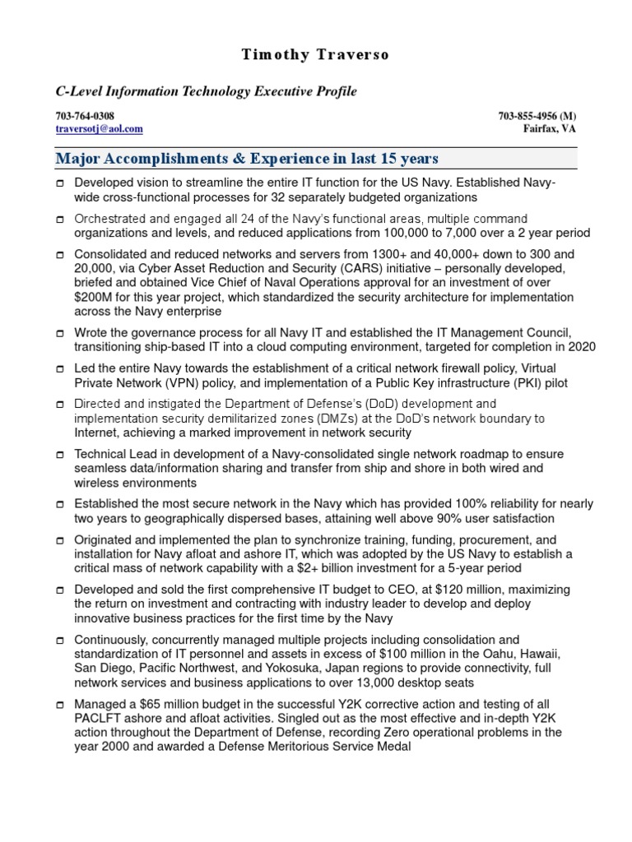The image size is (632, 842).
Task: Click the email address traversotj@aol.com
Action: point(99,129)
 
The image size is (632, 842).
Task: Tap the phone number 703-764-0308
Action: point(85,116)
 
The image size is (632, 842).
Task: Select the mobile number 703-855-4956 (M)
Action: point(537,116)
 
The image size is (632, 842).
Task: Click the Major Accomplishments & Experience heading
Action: point(247,158)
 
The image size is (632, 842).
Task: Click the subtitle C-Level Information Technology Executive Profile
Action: point(206,91)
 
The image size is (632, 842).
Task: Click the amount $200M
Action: point(95,296)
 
